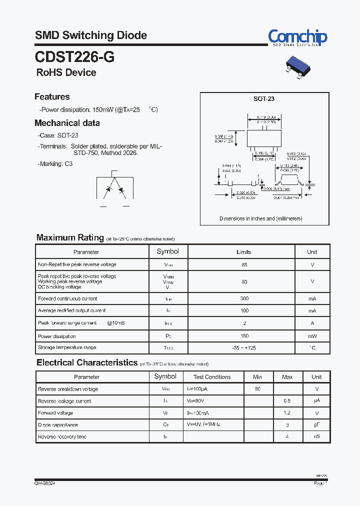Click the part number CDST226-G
[74, 57]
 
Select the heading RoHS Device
[66, 72]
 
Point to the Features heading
[52, 97]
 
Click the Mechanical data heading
[67, 123]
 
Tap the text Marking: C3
[55, 164]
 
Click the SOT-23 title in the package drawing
[263, 99]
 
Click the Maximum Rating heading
[70, 238]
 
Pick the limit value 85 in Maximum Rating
[244, 264]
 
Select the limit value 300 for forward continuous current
[244, 299]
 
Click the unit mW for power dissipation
[312, 336]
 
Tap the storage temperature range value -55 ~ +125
[244, 347]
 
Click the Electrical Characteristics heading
[87, 363]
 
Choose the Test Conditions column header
[212, 377]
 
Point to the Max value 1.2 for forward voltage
[287, 413]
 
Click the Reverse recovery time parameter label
[62, 437]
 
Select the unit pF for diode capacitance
[316, 425]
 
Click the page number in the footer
[320, 484]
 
